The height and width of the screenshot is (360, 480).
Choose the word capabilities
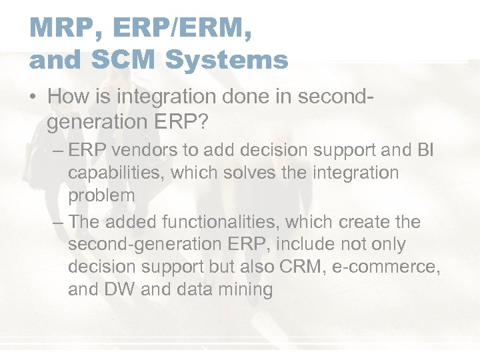(x=117, y=173)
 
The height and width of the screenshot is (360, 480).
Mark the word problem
(x=101, y=195)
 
